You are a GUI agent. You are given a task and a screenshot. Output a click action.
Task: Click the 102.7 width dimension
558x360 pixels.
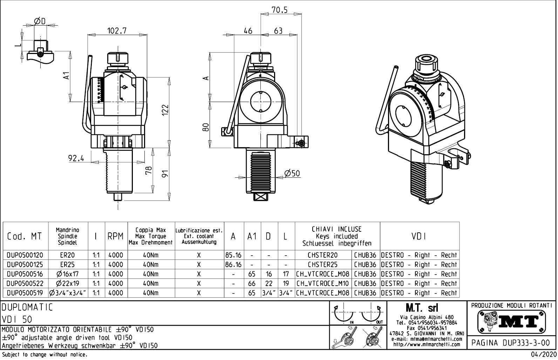tap(117, 31)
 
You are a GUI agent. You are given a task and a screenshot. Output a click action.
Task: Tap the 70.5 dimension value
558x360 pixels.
tap(279, 10)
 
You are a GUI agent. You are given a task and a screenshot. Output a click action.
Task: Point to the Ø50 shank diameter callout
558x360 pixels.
tap(292, 174)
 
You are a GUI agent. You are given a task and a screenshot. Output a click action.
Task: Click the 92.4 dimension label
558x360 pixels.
tap(76, 158)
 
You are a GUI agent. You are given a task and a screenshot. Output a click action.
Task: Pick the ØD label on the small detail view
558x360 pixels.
tap(40, 21)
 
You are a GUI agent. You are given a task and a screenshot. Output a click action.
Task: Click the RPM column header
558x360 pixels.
tap(116, 236)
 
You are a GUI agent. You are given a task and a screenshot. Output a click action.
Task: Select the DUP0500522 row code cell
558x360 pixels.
tap(25, 283)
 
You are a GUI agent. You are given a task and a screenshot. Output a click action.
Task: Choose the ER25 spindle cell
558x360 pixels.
tap(67, 265)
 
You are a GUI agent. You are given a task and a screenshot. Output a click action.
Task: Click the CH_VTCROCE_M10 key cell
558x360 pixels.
tap(323, 283)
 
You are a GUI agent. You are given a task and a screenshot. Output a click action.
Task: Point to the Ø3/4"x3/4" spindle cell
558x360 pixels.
tap(67, 293)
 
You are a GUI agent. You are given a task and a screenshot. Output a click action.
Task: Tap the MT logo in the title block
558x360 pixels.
tap(511, 321)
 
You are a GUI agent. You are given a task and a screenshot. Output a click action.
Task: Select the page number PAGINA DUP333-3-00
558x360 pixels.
tap(511, 342)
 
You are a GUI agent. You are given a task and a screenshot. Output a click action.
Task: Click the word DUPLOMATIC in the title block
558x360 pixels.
tap(27, 308)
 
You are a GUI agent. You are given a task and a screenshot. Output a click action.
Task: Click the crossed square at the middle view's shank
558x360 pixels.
tap(260, 197)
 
